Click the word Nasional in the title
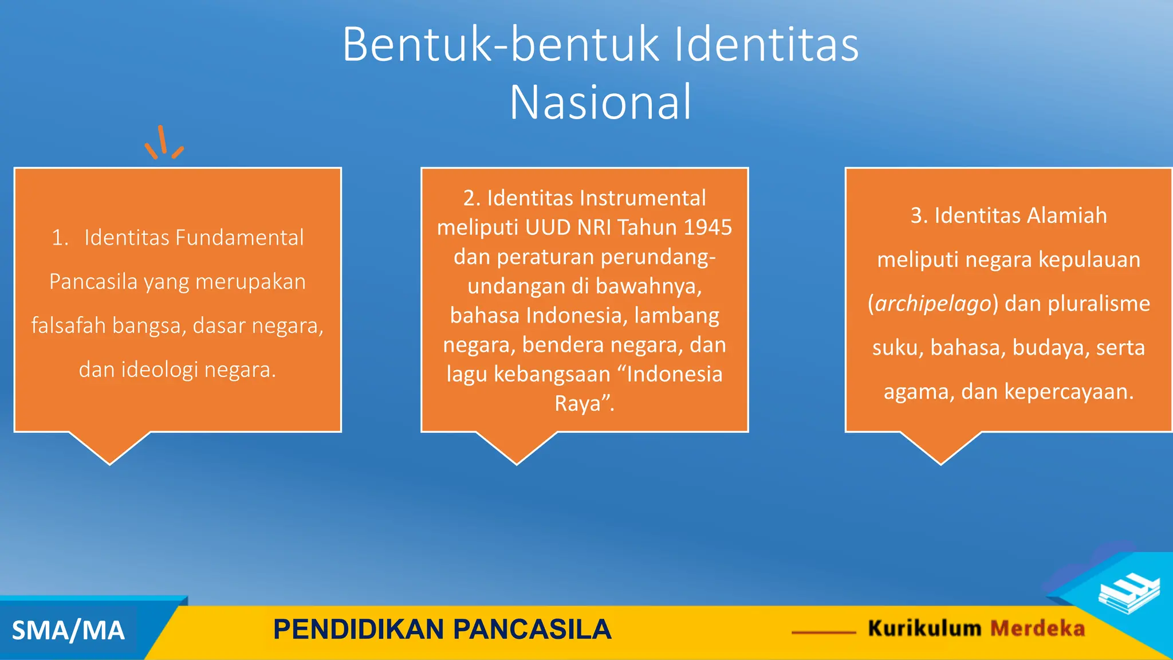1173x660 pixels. tap(600, 103)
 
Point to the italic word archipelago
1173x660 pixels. tap(933, 304)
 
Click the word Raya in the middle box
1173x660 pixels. tap(577, 404)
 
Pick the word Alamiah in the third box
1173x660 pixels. tap(1066, 215)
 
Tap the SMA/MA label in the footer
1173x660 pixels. tap(68, 631)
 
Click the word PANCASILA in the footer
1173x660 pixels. tap(532, 629)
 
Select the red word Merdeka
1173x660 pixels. tap(1037, 628)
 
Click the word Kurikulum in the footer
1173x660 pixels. tap(924, 628)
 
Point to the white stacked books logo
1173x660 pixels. tap(1129, 594)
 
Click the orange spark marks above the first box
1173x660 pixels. tap(164, 143)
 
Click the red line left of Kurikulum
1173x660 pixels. tap(824, 632)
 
